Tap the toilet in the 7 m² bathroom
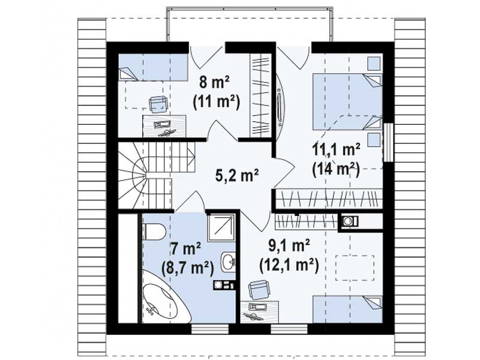coord(154,232)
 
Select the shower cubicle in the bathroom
coord(221,228)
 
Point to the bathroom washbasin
coord(229,262)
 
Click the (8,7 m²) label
coord(187,268)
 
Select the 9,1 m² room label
coord(289,247)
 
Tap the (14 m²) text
coord(335,169)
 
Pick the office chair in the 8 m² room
coord(158,103)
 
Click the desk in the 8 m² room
coord(164,126)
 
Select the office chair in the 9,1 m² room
coord(259,290)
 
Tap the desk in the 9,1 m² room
coord(260,312)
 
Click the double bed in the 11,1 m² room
coord(347,102)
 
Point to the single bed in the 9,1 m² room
coord(347,309)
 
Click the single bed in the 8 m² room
coord(153,68)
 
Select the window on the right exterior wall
coord(388,142)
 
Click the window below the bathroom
coord(210,329)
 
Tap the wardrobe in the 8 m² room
coord(261,95)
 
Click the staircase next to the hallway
coord(145,176)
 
